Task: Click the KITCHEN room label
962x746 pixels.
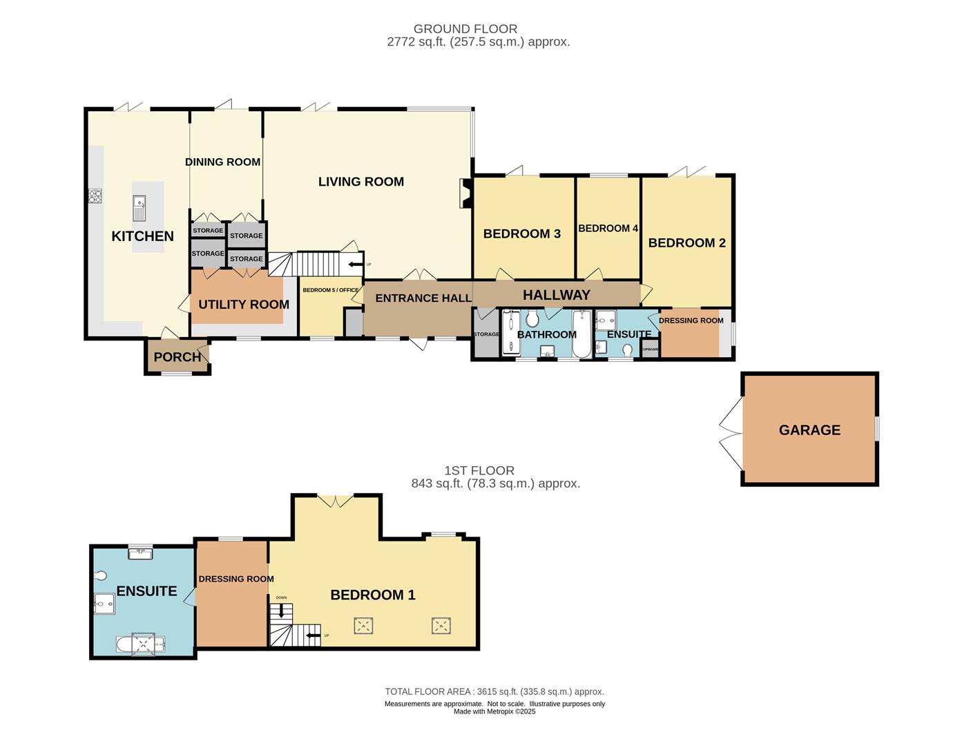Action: (142, 236)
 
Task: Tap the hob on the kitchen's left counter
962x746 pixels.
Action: (95, 197)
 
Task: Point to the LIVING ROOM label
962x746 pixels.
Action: (360, 182)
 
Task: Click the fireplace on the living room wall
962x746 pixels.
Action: (465, 193)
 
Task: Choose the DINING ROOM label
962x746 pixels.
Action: (222, 162)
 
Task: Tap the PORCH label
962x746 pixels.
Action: (177, 357)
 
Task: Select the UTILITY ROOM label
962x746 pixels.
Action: (243, 305)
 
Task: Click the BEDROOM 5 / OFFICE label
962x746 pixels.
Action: (330, 290)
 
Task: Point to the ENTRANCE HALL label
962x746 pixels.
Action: (423, 298)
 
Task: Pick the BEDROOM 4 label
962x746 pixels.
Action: (608, 229)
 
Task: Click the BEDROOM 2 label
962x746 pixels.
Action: (686, 243)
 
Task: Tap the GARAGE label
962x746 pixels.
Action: (809, 430)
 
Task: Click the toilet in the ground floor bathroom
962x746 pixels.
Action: (532, 319)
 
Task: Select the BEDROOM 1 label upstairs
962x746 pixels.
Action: (373, 595)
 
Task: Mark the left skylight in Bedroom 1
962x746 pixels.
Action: (364, 627)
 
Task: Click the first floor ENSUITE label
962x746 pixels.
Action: (146, 591)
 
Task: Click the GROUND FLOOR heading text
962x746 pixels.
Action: (465, 29)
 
